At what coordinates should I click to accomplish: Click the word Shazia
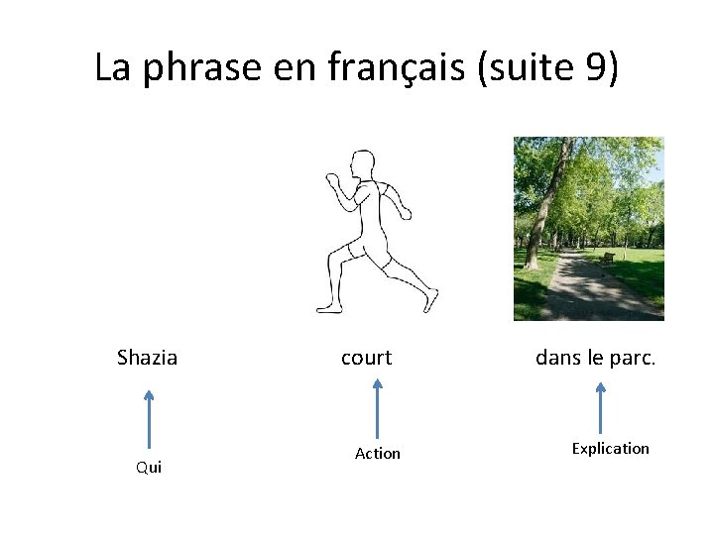click(x=147, y=358)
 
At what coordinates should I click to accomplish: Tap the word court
click(x=366, y=358)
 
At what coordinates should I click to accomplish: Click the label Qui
click(x=149, y=468)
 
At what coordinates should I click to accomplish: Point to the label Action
click(x=378, y=453)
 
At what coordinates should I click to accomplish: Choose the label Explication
click(x=610, y=448)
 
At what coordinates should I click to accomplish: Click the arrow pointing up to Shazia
click(x=149, y=420)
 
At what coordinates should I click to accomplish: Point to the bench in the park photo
click(x=607, y=258)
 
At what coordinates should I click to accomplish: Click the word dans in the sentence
click(x=557, y=358)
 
